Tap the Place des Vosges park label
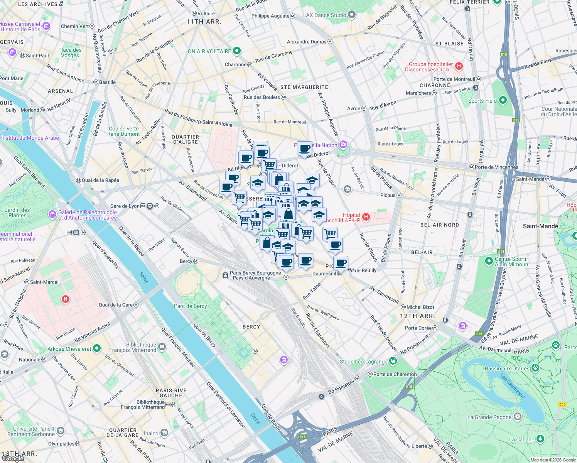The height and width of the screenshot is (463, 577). pyautogui.click(x=70, y=52)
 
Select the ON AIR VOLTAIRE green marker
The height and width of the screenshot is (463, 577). pyautogui.click(x=237, y=51)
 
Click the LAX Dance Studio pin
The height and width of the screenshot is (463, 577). pyautogui.click(x=351, y=15)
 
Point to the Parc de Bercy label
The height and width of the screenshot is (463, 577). pyautogui.click(x=190, y=306)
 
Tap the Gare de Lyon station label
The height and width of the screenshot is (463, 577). pyautogui.click(x=125, y=206)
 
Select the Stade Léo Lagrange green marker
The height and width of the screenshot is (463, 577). pyautogui.click(x=393, y=361)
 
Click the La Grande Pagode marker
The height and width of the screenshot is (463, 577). pyautogui.click(x=518, y=417)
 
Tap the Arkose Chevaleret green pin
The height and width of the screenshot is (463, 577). pyautogui.click(x=97, y=349)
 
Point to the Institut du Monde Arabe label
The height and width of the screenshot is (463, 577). pyautogui.click(x=30, y=138)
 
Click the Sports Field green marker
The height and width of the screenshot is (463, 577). pyautogui.click(x=503, y=100)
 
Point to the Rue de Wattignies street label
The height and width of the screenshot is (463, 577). pyautogui.click(x=323, y=313)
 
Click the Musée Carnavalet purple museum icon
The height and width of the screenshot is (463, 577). pyautogui.click(x=46, y=26)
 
